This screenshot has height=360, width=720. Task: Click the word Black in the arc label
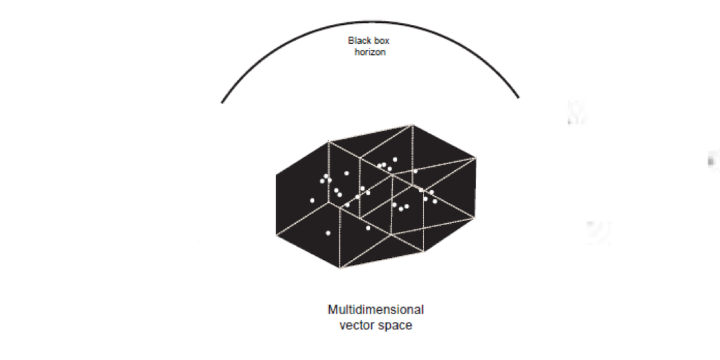pyautogui.click(x=359, y=41)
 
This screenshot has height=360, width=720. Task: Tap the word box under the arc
pyautogui.click(x=382, y=41)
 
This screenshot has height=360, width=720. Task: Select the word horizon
pyautogui.click(x=370, y=52)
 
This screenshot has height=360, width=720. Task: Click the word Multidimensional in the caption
pyautogui.click(x=376, y=310)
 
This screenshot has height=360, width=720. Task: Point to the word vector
pyautogui.click(x=356, y=325)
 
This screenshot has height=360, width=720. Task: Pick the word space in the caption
pyautogui.click(x=395, y=325)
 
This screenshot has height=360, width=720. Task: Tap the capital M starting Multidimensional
pyautogui.click(x=333, y=310)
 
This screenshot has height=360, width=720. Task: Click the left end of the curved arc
pyautogui.click(x=223, y=102)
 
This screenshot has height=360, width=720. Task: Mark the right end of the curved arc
pyautogui.click(x=518, y=98)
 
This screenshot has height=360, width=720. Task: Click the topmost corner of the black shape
pyautogui.click(x=412, y=125)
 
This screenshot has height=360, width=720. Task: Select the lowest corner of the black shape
pyautogui.click(x=340, y=268)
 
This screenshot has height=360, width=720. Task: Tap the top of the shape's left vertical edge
pyautogui.click(x=276, y=175)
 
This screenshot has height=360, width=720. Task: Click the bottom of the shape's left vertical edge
pyautogui.click(x=276, y=235)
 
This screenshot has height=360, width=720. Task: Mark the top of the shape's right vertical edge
pyautogui.click(x=476, y=158)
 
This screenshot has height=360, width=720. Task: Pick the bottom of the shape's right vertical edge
pyautogui.click(x=475, y=219)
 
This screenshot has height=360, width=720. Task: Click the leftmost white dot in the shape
pyautogui.click(x=312, y=200)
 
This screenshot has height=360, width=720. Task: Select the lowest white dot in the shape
pyautogui.click(x=328, y=233)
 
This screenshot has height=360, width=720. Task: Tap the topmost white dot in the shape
pyautogui.click(x=395, y=160)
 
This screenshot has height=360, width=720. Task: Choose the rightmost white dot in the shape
pyautogui.click(x=435, y=201)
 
